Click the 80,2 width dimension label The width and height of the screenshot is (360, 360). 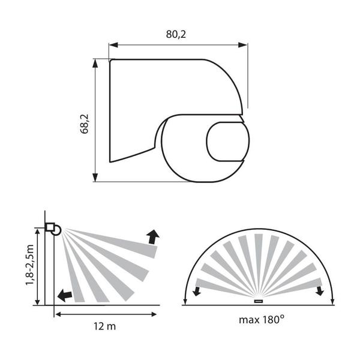pos(176,34)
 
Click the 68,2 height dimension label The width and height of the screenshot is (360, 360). pos(84,124)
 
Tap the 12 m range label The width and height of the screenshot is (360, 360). pos(104,326)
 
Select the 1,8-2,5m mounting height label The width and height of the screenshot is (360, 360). pos(30,265)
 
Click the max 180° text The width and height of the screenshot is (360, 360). pos(262,320)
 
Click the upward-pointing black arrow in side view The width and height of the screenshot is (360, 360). pos(152,237)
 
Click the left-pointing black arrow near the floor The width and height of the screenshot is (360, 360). pos(65,295)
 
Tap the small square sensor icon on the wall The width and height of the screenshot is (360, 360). pos(50,227)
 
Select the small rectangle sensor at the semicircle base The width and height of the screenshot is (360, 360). pos(259,301)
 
